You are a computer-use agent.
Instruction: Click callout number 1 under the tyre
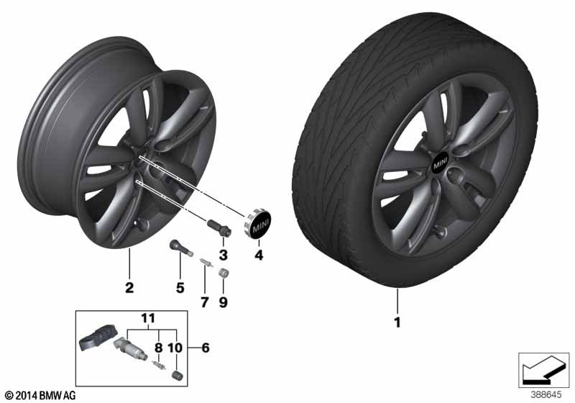(x=397, y=322)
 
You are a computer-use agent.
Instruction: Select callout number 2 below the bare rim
(x=129, y=287)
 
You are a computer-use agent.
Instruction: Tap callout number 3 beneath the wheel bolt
(x=224, y=255)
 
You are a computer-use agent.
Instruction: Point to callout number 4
(x=259, y=255)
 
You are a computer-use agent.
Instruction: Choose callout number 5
(x=180, y=288)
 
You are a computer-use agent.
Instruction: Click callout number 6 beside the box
(x=206, y=347)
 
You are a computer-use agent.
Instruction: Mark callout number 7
(x=205, y=302)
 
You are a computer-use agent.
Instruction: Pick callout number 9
(x=224, y=302)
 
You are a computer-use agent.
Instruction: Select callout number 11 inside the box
(x=148, y=318)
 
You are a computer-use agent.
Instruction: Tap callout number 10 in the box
(x=175, y=347)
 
